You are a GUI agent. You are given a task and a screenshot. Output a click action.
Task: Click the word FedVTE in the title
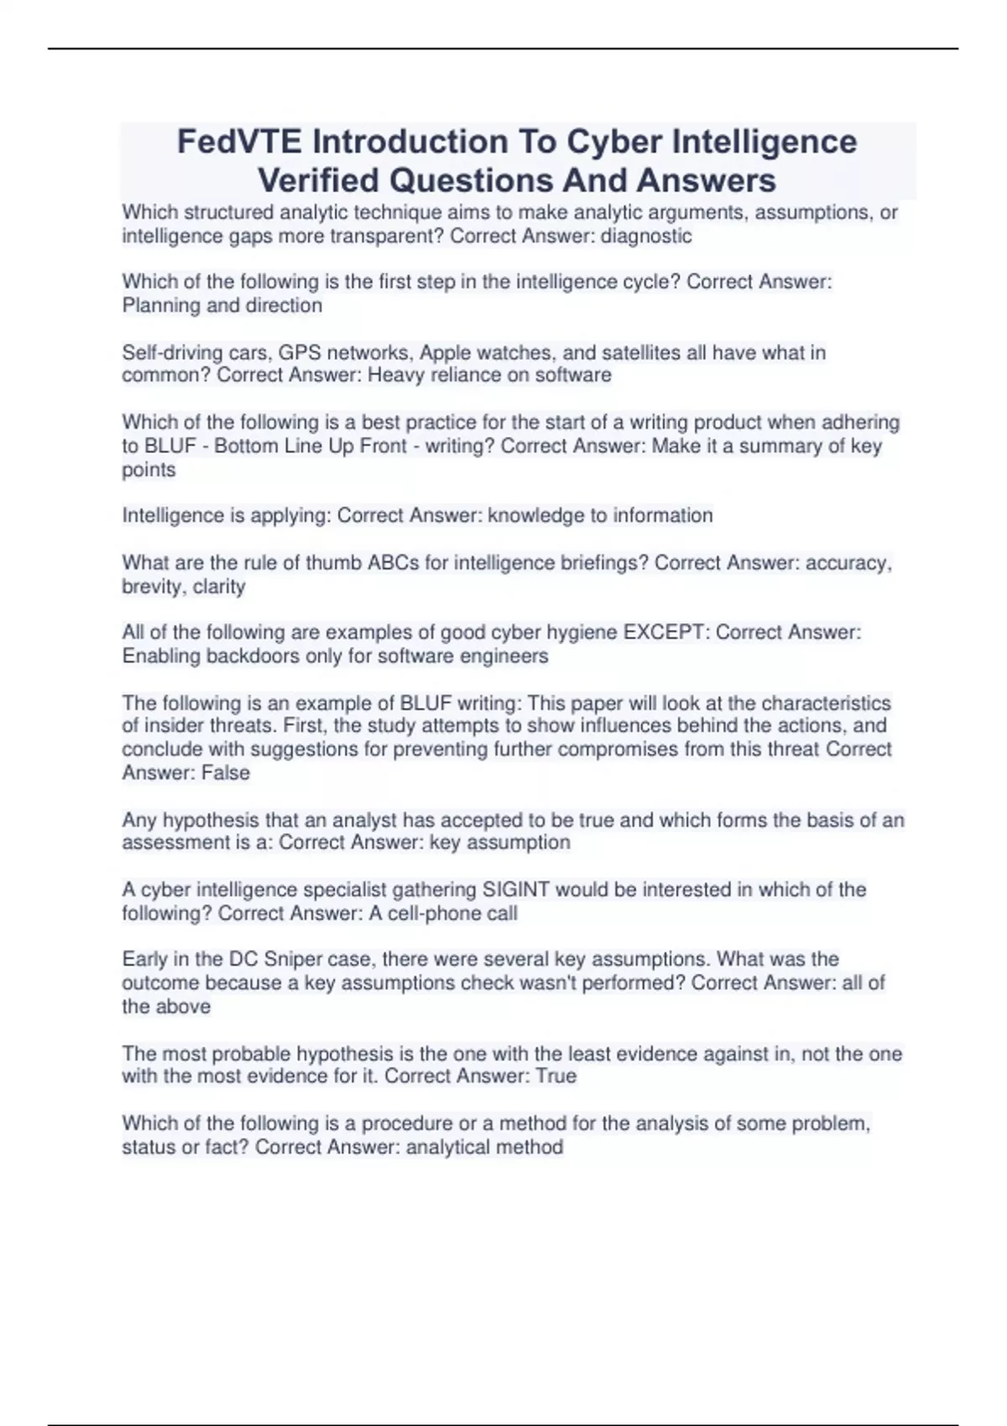tap(239, 142)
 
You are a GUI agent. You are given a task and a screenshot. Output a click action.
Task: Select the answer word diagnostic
tap(646, 237)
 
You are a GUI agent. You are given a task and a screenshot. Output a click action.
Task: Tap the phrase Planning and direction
tap(222, 305)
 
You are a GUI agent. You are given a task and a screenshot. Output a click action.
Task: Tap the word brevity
tap(153, 586)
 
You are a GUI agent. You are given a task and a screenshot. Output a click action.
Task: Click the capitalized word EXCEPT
tap(662, 632)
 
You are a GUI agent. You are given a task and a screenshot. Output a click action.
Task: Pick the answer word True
tap(556, 1076)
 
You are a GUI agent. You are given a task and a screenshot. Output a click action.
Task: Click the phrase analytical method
tap(484, 1147)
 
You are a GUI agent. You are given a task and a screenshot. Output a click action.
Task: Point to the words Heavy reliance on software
tap(489, 375)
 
